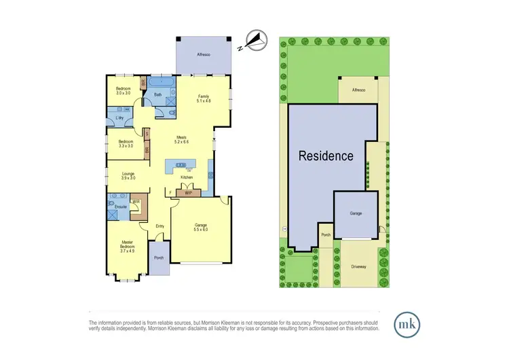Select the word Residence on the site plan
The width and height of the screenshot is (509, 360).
click(x=326, y=156)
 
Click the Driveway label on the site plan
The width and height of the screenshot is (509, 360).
click(x=358, y=267)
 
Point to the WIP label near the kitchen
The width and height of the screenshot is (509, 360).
click(x=188, y=193)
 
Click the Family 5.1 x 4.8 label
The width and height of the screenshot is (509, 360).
click(x=204, y=98)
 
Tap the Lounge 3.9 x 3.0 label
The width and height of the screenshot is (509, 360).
click(x=128, y=177)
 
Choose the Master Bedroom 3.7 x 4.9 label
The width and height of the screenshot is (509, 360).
click(x=128, y=247)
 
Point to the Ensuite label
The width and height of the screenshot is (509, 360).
click(x=121, y=206)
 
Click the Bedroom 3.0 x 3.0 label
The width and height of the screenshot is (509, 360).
click(x=123, y=92)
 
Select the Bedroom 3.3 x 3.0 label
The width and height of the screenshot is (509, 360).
click(x=126, y=143)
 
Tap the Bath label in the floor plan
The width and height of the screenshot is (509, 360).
click(x=157, y=96)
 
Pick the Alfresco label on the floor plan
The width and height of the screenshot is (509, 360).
click(x=203, y=54)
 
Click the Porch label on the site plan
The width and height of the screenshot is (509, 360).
click(x=326, y=236)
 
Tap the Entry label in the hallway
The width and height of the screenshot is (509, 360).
click(x=160, y=226)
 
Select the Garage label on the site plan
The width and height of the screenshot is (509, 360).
click(x=355, y=213)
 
